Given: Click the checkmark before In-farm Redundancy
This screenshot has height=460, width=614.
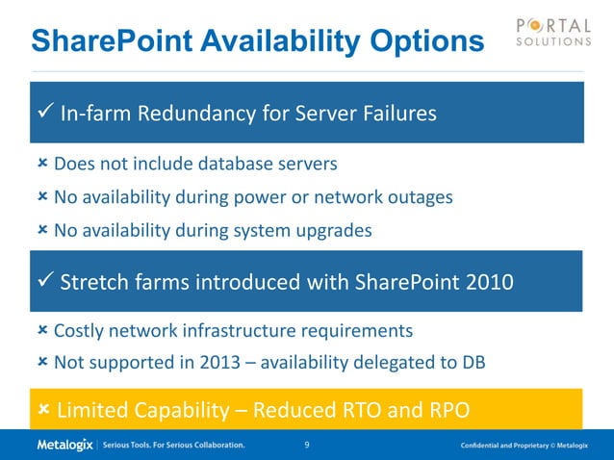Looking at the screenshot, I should click(x=43, y=114).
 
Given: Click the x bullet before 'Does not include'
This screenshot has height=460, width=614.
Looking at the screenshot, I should click(x=42, y=164).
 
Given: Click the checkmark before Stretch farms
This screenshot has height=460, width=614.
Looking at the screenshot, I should click(x=43, y=282).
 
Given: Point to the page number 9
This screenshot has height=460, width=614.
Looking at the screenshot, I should click(x=306, y=446).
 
